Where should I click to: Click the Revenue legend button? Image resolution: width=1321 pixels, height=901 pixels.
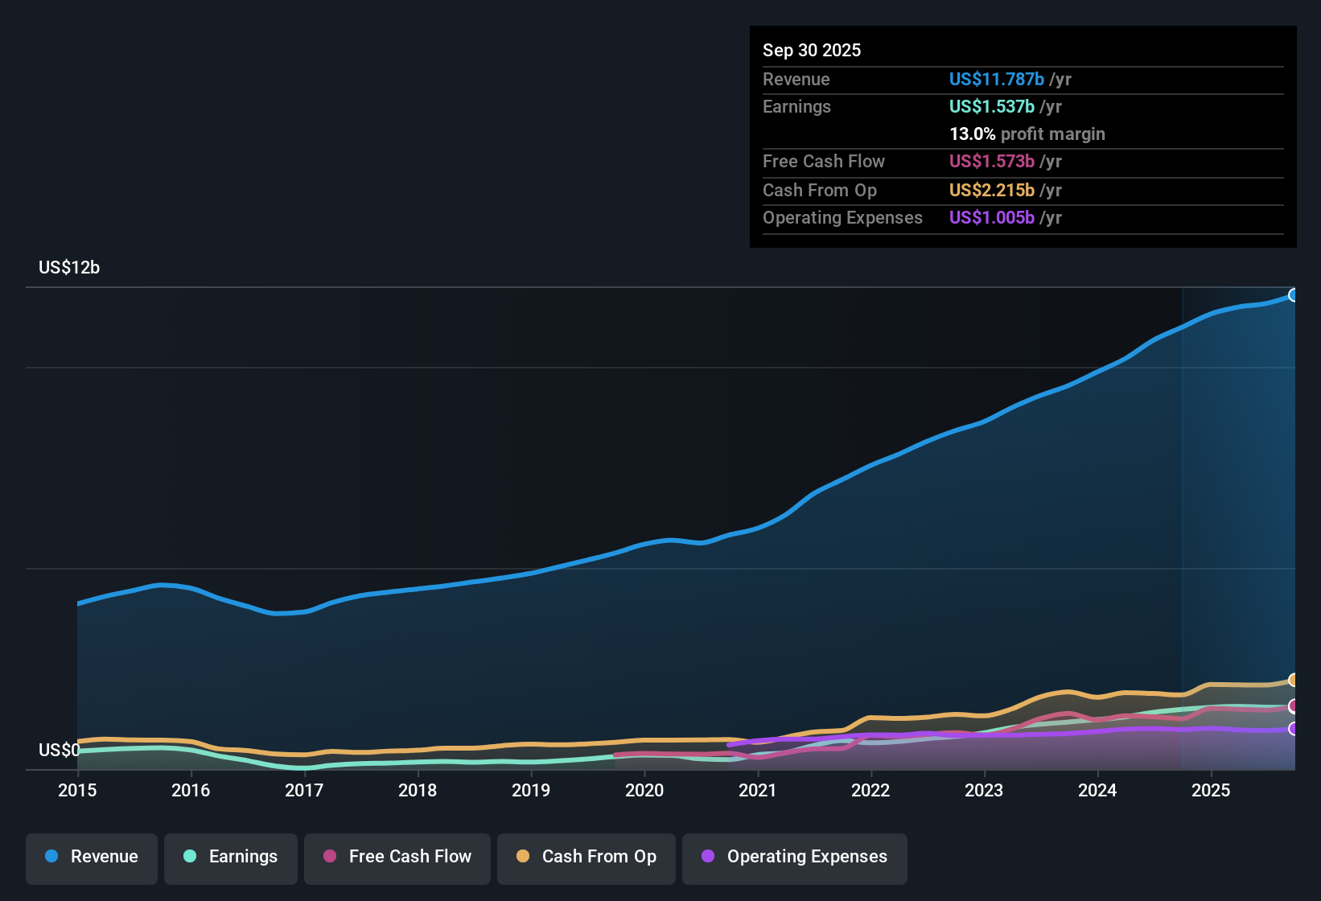(x=92, y=858)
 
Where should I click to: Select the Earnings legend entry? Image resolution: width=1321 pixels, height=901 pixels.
(x=231, y=858)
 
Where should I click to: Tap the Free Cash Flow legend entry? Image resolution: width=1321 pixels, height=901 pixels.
(x=397, y=858)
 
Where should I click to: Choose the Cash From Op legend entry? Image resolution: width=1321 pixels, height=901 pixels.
(x=586, y=858)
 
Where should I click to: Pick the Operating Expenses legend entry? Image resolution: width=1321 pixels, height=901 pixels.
(x=795, y=858)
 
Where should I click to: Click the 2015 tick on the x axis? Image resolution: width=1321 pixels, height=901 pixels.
(x=77, y=790)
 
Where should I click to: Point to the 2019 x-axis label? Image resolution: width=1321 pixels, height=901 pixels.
(x=531, y=790)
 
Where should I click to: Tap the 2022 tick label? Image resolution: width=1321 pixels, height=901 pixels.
(x=870, y=790)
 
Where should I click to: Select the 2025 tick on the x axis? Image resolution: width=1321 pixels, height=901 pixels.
(x=1210, y=790)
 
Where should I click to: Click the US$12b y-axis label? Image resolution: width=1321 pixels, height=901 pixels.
(x=69, y=268)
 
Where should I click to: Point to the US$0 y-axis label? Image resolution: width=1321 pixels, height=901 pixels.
(x=59, y=751)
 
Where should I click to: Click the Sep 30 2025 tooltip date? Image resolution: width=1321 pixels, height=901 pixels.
(x=812, y=51)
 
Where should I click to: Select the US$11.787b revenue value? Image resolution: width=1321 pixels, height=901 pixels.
(x=996, y=80)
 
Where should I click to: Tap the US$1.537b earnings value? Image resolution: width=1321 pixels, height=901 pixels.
(x=991, y=107)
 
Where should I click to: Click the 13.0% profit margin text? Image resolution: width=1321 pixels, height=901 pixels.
(x=1027, y=134)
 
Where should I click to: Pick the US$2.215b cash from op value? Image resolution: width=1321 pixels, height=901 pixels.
(x=991, y=191)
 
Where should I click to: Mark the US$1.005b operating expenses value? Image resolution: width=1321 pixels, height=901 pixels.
(x=991, y=218)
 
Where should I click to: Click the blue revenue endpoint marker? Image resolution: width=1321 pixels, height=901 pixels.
(x=1294, y=295)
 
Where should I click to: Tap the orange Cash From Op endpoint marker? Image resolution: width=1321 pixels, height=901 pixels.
(x=1294, y=680)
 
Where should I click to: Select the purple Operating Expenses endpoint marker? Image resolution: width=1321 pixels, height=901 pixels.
(x=1294, y=729)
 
